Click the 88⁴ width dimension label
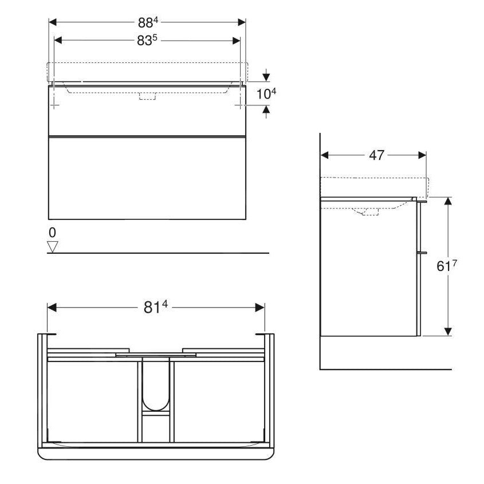point(147,22)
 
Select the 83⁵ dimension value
point(147,41)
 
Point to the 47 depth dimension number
point(376,155)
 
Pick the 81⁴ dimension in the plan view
point(156,308)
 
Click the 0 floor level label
point(53,233)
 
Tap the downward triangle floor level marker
point(53,247)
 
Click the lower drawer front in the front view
point(147,178)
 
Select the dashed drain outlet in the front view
point(147,96)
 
